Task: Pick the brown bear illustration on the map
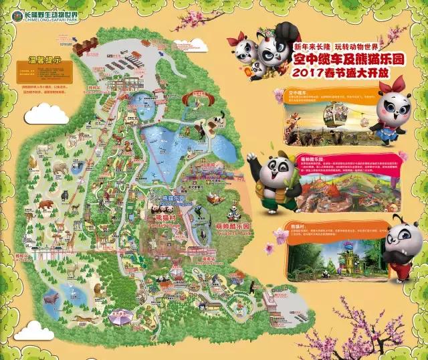tap(45, 204)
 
